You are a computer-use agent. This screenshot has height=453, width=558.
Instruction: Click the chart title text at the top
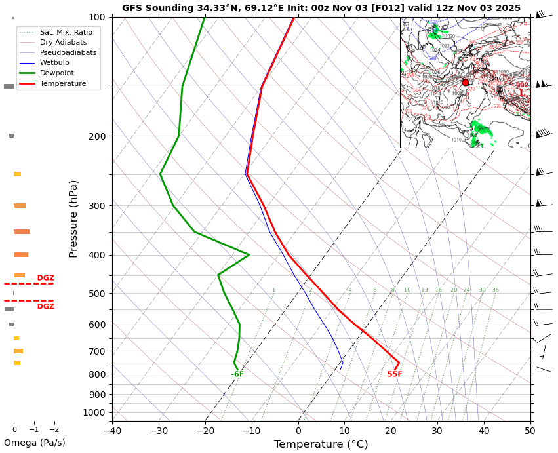coord(321,9)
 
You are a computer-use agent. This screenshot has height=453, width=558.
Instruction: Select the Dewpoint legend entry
coord(56,73)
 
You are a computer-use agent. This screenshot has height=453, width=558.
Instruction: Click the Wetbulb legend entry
coord(55,63)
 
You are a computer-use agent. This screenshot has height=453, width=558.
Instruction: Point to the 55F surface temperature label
coord(395,374)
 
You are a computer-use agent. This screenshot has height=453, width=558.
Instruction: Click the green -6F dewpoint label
coord(237,374)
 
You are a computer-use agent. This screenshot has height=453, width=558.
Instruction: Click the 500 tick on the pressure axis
coord(97,294)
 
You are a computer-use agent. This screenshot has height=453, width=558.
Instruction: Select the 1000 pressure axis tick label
coord(94,412)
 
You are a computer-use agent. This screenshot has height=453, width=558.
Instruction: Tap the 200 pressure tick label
coord(97,136)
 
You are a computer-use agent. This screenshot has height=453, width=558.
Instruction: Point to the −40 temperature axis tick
coord(112,430)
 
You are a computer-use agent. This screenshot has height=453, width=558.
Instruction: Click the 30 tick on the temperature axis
coord(437,430)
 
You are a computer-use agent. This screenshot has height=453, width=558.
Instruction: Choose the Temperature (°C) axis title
coord(321,444)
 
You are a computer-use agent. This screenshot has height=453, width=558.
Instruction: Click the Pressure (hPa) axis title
coord(73,218)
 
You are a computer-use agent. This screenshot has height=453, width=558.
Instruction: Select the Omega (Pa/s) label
coord(34,443)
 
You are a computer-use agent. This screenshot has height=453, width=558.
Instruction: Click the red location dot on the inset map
coord(466,83)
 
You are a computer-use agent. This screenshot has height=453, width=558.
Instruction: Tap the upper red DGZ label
coord(46,278)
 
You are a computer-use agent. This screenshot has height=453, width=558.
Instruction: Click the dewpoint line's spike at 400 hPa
coord(249,254)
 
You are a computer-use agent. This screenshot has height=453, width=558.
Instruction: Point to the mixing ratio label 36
coord(495,290)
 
